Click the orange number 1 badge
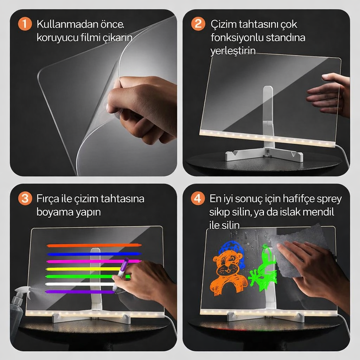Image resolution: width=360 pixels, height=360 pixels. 25,25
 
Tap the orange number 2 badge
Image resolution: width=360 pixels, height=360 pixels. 198,25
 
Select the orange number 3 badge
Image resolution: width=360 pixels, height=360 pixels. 25,199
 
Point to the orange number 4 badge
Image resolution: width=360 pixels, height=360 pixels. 198,199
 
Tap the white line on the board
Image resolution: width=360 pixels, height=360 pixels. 79,284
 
